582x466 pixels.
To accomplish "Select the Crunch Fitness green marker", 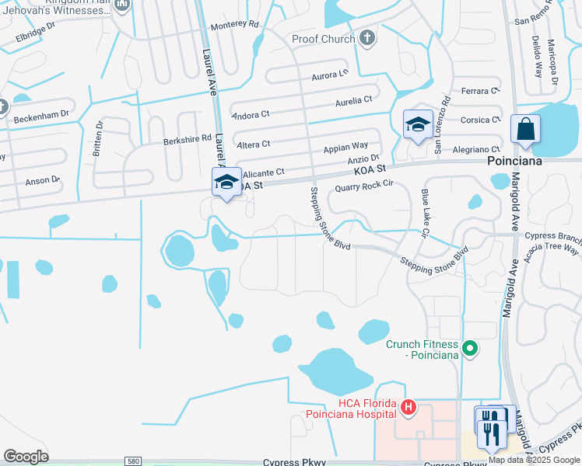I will (x=469, y=349).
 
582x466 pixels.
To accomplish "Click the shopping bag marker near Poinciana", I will (x=525, y=130).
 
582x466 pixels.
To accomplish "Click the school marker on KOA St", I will (x=227, y=183).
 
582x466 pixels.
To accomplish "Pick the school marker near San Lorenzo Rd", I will (x=418, y=125).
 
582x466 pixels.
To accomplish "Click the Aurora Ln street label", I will (x=329, y=75).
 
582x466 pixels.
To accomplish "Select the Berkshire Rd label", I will (x=188, y=140).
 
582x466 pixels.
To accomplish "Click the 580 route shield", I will (x=134, y=461).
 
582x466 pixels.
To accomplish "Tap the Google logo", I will (x=26, y=456).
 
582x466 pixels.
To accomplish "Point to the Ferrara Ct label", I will (x=480, y=92).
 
